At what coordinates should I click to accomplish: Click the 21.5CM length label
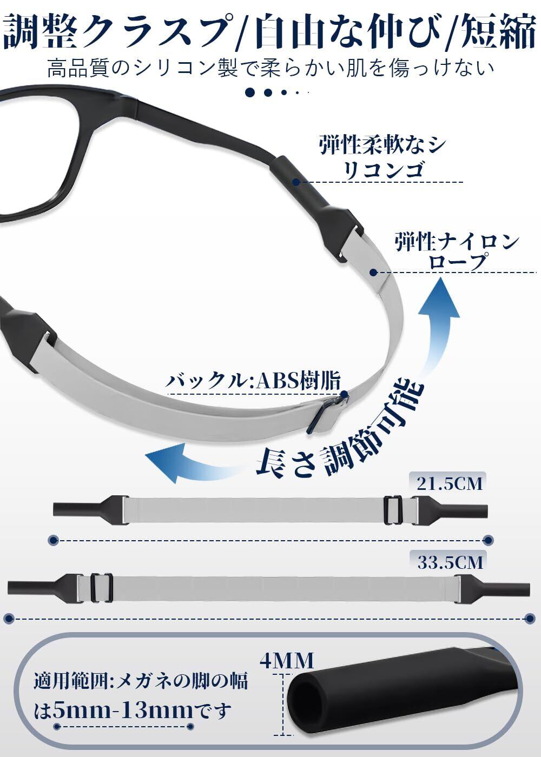(448, 482)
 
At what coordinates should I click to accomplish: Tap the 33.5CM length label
(450, 562)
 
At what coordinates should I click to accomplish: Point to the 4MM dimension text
(287, 660)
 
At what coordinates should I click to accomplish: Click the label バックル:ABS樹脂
(254, 381)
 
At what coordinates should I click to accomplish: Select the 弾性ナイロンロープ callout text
(457, 251)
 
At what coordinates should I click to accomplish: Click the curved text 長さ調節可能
(341, 433)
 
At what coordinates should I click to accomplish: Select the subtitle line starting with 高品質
(270, 68)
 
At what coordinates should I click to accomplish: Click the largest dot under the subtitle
(250, 92)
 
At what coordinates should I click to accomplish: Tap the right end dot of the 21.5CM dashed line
(488, 540)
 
